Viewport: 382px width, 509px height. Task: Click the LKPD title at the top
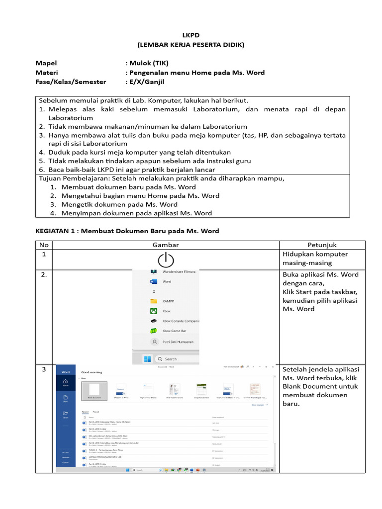point(191,36)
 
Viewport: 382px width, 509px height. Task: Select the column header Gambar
point(166,245)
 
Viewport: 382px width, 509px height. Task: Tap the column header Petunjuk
point(322,245)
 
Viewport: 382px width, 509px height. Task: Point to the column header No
point(43,245)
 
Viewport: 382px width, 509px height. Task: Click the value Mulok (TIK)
point(149,63)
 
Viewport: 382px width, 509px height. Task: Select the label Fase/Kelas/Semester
point(71,82)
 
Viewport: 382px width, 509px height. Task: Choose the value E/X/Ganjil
point(147,82)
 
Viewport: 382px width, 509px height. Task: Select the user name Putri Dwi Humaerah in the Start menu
point(178,342)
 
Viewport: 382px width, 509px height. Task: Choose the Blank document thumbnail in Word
point(94,390)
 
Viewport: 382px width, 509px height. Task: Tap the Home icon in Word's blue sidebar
point(65,382)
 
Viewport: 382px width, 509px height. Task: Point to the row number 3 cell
point(44,369)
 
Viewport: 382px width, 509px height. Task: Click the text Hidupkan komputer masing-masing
point(315,258)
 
